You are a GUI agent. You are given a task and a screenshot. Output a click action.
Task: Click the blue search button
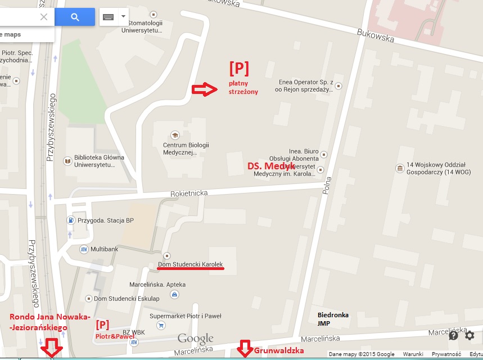point(75,17)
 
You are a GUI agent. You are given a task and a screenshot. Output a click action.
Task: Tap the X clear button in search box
point(44,17)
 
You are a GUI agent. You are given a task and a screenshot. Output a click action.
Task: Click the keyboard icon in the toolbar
point(109,17)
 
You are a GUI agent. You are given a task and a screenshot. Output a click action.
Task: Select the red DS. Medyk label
point(272,166)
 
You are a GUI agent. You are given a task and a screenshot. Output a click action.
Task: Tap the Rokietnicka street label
point(189,193)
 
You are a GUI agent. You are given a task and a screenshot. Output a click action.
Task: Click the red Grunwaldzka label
point(279,350)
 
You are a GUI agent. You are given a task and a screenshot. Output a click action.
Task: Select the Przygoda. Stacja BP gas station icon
point(70,220)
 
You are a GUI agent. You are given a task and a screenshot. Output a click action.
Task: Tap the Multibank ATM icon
point(84,248)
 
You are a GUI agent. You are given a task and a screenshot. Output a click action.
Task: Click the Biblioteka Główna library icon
point(68,161)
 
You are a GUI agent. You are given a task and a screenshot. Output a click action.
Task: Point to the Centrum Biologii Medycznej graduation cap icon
point(174,135)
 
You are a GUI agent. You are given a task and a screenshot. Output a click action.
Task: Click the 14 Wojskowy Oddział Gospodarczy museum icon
point(400,168)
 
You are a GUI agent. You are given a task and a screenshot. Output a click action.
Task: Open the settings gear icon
point(470,336)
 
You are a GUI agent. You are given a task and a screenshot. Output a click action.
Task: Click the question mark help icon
point(454,336)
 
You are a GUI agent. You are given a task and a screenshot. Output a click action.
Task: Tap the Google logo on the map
point(196,339)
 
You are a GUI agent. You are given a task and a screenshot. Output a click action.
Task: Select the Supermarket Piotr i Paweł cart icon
point(162,325)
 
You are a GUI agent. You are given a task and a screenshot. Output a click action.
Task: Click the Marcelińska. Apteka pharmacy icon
point(175,294)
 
